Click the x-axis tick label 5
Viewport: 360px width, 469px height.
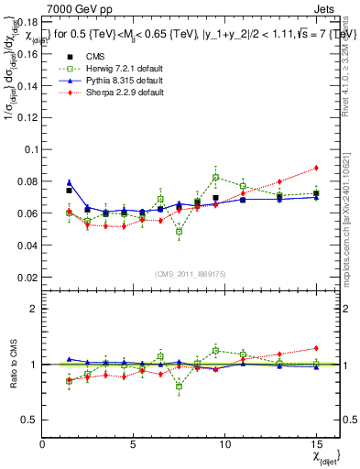tap(133, 443)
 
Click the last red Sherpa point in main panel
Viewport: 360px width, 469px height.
tap(316, 168)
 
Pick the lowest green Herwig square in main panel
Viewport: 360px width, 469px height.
tap(179, 232)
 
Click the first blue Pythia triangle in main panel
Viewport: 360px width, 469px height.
tap(69, 183)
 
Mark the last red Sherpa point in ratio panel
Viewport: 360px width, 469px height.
tap(316, 348)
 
